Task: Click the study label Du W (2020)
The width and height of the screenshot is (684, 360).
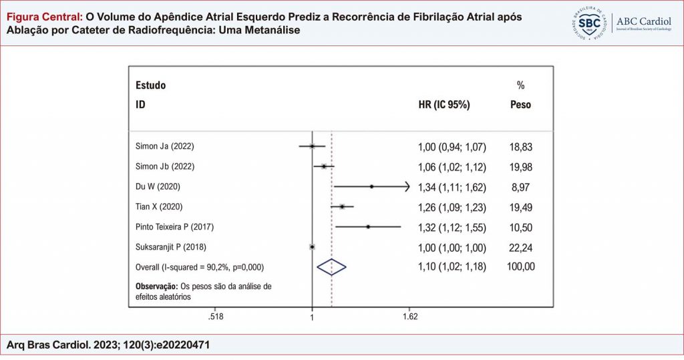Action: click(158, 186)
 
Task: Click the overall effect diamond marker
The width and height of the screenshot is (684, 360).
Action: click(331, 266)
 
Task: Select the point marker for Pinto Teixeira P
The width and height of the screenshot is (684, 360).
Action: click(368, 227)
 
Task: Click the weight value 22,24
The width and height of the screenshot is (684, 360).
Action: click(520, 247)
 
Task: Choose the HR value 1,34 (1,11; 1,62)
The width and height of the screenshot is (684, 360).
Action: click(452, 187)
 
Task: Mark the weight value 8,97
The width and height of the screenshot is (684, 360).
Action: click(520, 187)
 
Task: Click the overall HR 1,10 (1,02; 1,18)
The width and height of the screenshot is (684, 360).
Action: click(452, 267)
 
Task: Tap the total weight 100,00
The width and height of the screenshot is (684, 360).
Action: click(520, 267)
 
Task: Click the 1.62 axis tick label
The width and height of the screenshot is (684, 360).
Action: click(410, 316)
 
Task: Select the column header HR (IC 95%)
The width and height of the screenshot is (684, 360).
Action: click(444, 105)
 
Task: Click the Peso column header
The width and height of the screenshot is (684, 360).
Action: click(520, 105)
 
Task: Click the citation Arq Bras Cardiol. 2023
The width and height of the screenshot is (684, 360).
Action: click(110, 344)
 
